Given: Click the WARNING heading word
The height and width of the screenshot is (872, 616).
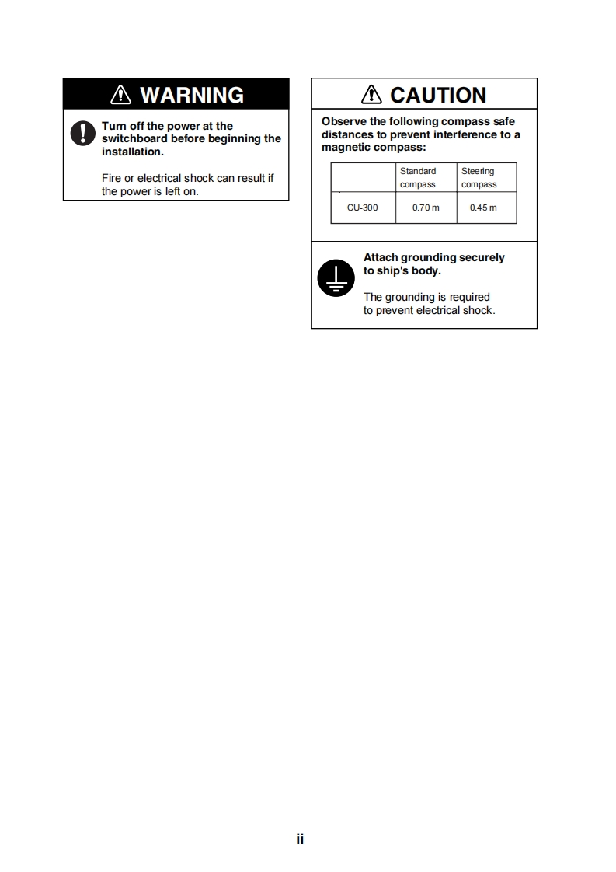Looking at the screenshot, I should (x=191, y=95).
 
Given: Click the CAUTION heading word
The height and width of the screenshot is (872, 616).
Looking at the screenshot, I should (x=438, y=95).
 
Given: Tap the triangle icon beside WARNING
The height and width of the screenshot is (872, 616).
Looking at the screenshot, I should (x=121, y=95).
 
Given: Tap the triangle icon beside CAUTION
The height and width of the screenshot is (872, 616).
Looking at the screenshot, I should (x=372, y=95).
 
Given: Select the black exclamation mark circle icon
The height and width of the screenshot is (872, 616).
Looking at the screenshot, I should (x=82, y=134).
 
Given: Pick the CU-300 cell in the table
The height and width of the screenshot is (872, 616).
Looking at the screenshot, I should (x=363, y=208).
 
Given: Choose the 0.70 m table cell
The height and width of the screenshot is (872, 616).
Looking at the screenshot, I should (x=426, y=208).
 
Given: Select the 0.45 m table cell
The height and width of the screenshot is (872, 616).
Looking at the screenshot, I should (x=483, y=208).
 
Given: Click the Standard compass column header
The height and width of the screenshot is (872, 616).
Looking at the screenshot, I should (x=418, y=177).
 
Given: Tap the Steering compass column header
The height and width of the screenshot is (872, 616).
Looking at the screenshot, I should (x=479, y=177).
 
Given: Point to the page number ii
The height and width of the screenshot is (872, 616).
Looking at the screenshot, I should (x=300, y=839).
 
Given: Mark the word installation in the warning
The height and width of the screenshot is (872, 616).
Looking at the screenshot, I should (x=131, y=152).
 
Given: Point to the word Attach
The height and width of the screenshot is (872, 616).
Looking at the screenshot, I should (x=380, y=257).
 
